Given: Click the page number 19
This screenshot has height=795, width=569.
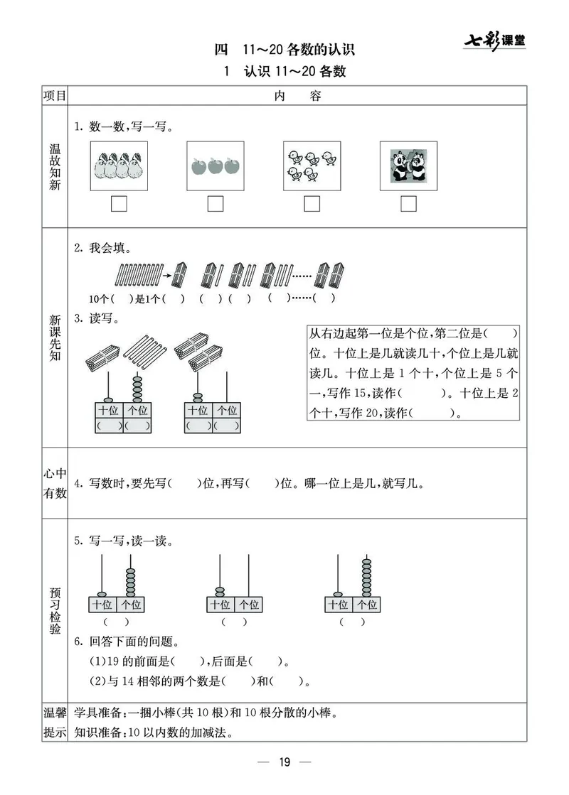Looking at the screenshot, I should click(284, 763).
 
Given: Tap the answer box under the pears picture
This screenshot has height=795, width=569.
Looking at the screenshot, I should click(119, 204).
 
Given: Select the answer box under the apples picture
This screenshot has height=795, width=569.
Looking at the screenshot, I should click(215, 204).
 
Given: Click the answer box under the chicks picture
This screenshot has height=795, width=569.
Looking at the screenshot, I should click(312, 204).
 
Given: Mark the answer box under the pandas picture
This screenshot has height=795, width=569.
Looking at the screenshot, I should click(408, 204).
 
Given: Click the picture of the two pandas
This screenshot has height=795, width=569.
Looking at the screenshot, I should click(408, 166).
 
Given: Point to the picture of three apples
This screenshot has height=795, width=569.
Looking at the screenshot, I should click(215, 166).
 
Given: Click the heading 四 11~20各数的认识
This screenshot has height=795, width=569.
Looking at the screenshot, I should click(284, 50).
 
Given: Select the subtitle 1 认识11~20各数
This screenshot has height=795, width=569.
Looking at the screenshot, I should click(284, 72).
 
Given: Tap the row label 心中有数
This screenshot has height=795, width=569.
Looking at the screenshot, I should click(55, 483).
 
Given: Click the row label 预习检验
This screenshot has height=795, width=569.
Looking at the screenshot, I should click(55, 610).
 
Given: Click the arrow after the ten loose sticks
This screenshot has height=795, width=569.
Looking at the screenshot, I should click(164, 274).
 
